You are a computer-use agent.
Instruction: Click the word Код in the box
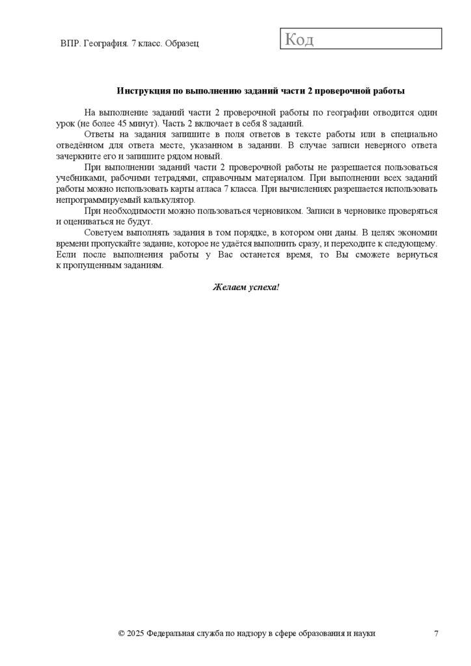[x=299, y=40]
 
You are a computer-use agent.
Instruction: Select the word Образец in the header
[x=182, y=43]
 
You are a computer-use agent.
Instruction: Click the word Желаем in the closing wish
[x=227, y=287]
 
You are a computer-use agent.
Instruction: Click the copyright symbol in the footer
[x=122, y=633]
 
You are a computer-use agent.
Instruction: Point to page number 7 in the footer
[x=436, y=633]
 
